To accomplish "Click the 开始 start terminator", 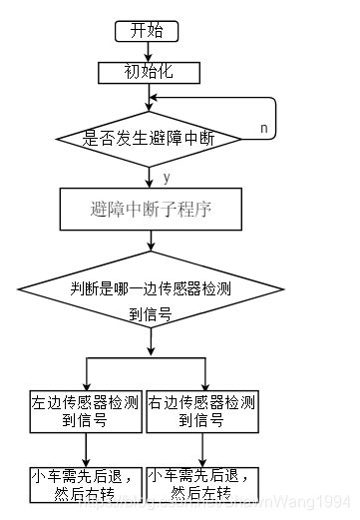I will coord(148,31).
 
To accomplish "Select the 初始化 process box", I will coord(148,72).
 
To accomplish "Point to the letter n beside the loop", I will coord(264,129).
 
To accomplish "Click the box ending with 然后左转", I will coord(205,485).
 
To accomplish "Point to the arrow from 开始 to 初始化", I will coord(148,51).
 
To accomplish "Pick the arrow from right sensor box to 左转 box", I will coord(205,450).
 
